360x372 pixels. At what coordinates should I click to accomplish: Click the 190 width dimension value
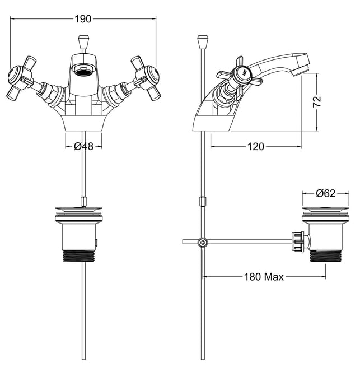click(83, 19)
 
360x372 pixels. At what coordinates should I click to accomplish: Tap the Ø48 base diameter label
click(84, 146)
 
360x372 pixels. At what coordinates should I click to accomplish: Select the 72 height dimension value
click(317, 101)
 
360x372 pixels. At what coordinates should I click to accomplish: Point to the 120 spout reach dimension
click(256, 147)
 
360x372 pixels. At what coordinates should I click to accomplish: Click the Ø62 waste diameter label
click(326, 193)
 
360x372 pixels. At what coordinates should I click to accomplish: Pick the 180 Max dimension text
click(264, 277)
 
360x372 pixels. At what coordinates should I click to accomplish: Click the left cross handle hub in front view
click(16, 76)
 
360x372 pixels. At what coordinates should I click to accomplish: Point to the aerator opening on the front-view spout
click(83, 69)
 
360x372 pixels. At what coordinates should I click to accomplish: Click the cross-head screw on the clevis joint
click(203, 243)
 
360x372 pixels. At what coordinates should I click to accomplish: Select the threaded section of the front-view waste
click(79, 255)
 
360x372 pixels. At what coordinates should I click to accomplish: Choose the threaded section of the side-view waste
click(326, 255)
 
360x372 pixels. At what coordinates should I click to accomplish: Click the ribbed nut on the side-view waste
click(298, 242)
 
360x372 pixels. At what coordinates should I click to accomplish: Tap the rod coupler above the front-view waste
click(83, 201)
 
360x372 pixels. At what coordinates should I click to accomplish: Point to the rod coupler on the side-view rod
click(203, 201)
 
